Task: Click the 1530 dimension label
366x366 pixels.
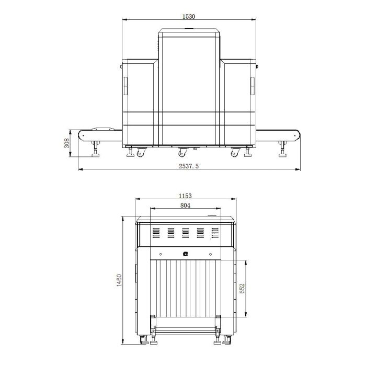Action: (x=189, y=17)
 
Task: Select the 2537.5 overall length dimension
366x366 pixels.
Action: (x=189, y=166)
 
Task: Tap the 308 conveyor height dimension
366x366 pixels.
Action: (x=67, y=143)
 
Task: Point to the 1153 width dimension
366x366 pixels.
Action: (x=185, y=196)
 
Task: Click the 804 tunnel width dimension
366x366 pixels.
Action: (x=185, y=205)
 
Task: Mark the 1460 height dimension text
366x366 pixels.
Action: (x=119, y=280)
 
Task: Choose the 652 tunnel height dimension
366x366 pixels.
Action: (x=242, y=289)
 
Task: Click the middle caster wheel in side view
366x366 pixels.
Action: (x=182, y=152)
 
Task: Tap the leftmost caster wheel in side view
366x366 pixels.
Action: (x=141, y=152)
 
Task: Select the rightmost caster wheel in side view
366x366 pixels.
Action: (x=235, y=152)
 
